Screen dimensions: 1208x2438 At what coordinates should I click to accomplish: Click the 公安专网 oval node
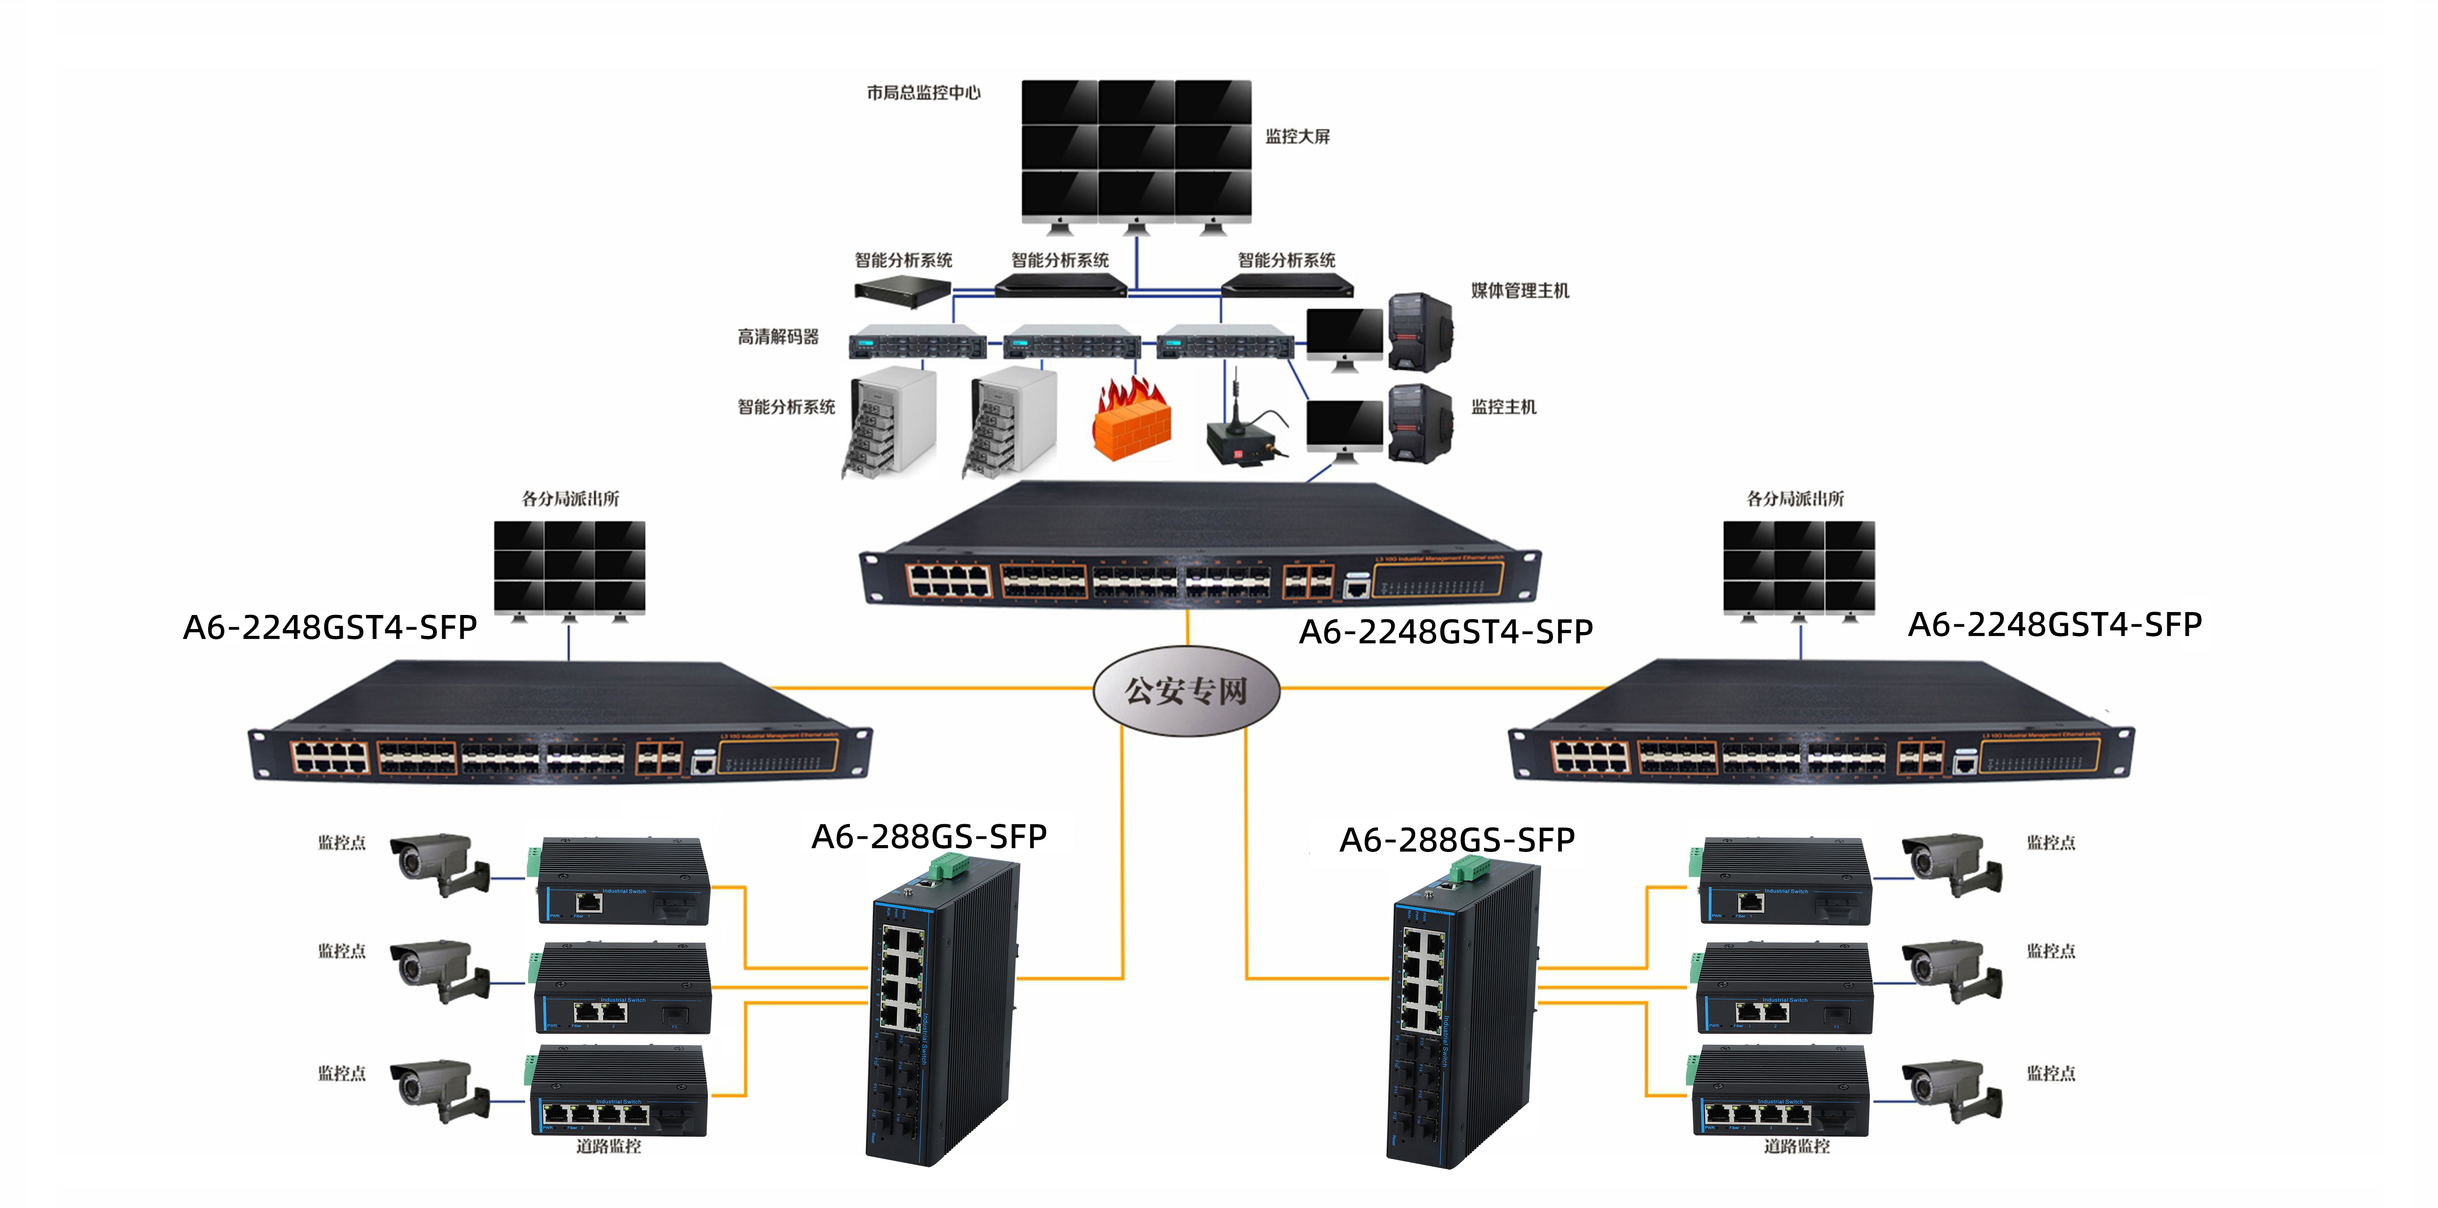click(x=1186, y=690)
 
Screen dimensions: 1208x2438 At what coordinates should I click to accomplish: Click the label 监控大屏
click(x=1298, y=137)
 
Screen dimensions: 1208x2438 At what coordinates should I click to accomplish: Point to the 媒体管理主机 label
click(x=1519, y=291)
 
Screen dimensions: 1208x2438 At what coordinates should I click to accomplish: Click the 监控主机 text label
click(x=1503, y=407)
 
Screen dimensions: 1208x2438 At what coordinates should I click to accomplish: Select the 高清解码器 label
click(x=778, y=337)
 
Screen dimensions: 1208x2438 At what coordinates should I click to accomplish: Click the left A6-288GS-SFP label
click(x=928, y=837)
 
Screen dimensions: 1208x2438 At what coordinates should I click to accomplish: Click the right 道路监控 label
click(x=1796, y=1147)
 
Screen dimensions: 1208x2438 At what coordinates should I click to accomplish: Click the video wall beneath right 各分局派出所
click(x=1798, y=568)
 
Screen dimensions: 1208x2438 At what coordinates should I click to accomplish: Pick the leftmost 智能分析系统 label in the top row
click(x=903, y=260)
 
